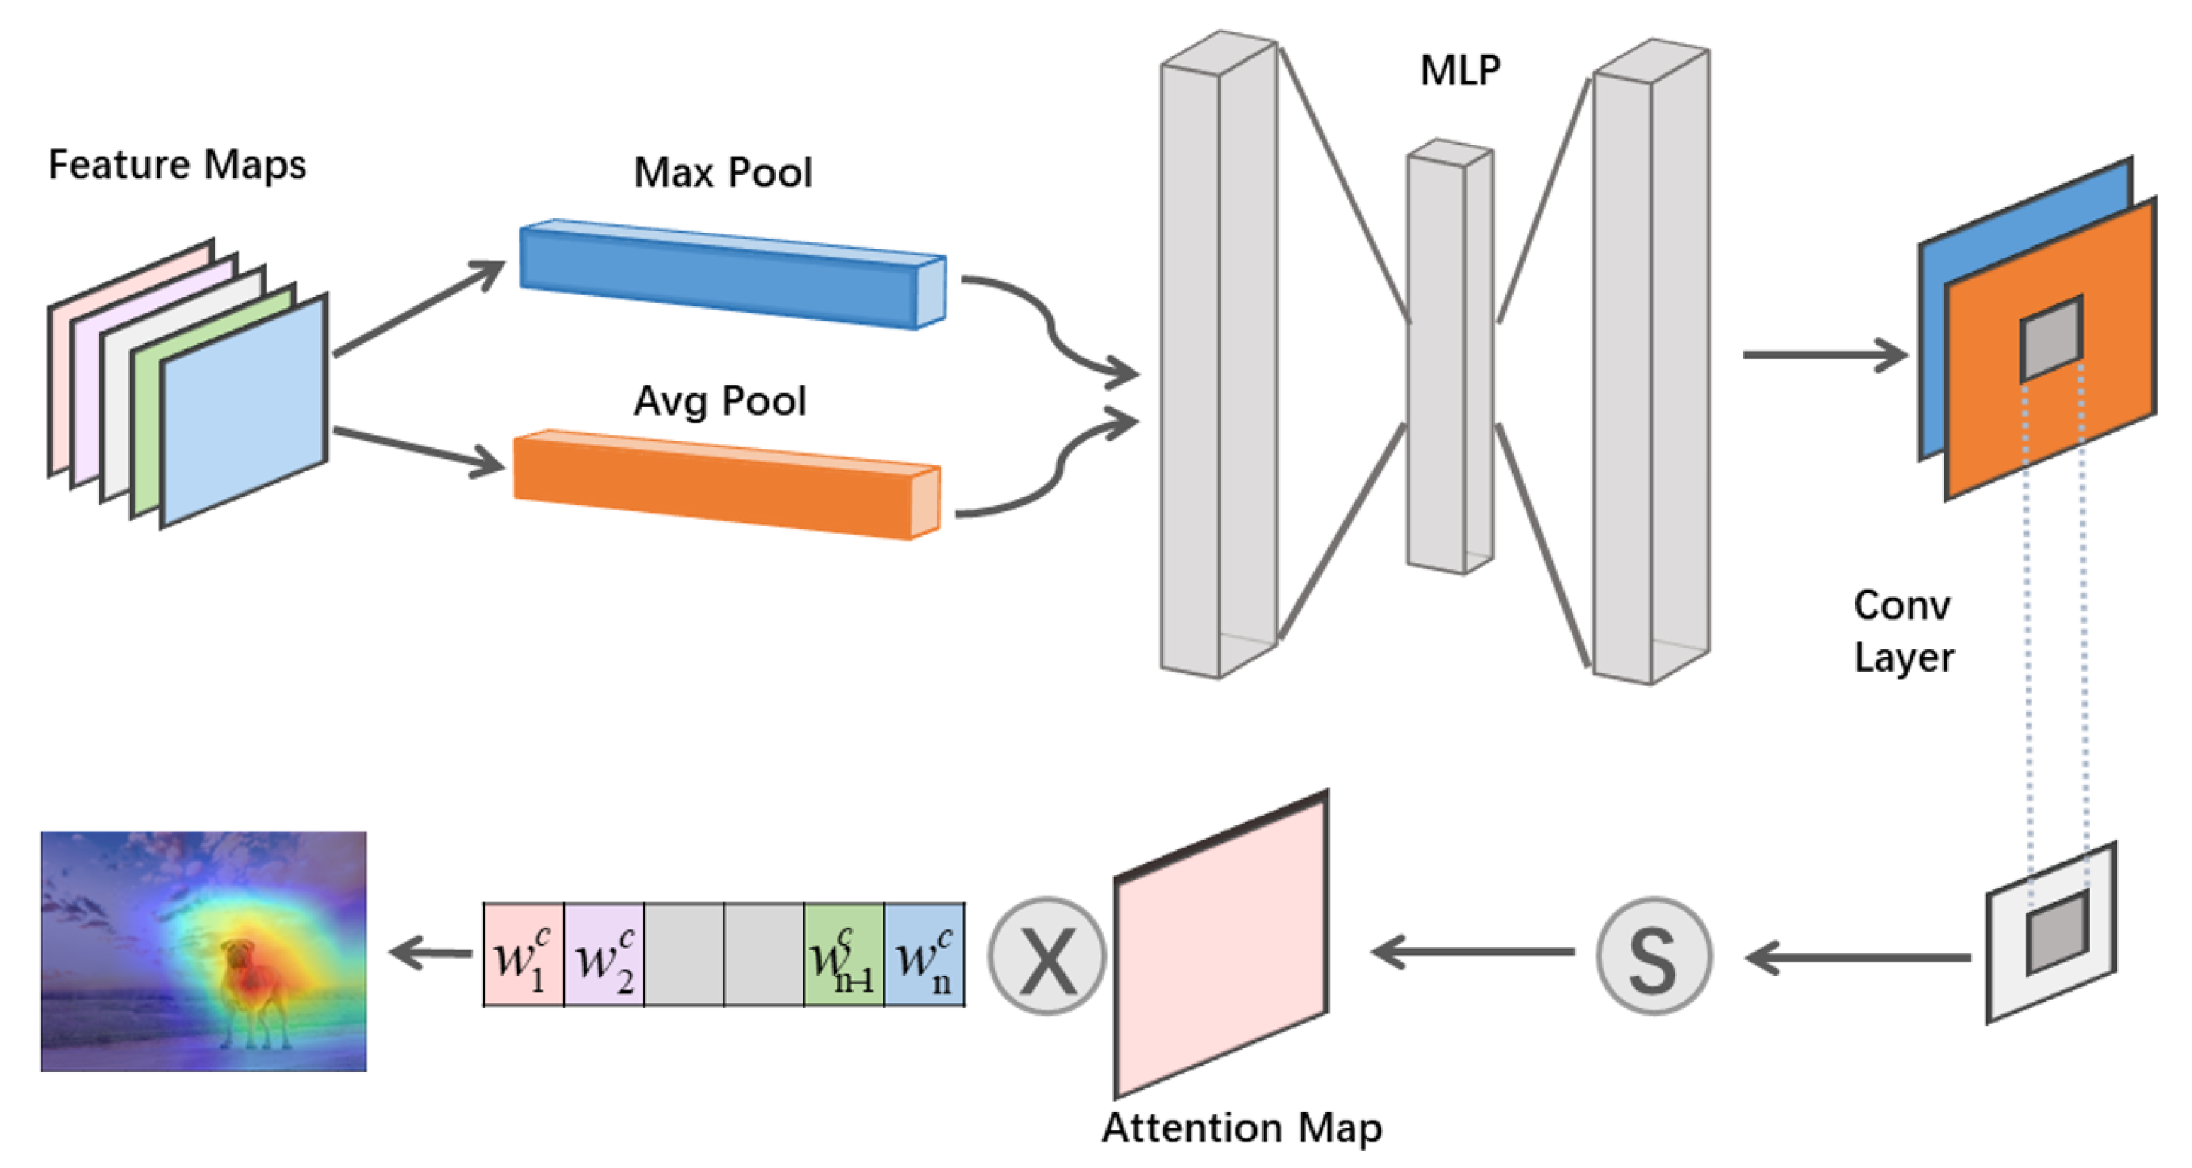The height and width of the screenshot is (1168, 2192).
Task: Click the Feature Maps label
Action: click(x=177, y=164)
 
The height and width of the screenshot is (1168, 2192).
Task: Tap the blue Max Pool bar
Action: click(x=724, y=274)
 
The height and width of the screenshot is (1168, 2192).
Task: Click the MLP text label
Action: click(x=1460, y=71)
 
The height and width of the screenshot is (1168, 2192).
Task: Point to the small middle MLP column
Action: click(x=1448, y=357)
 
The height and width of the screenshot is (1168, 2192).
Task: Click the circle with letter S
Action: click(x=1653, y=956)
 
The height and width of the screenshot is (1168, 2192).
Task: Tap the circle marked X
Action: click(x=1047, y=956)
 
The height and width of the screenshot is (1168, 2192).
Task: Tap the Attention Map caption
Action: click(x=1242, y=1128)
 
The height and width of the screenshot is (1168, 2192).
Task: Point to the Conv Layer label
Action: click(x=1904, y=631)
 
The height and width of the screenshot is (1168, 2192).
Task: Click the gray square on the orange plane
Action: click(x=2050, y=337)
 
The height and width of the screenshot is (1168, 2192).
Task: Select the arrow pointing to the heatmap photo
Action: click(x=430, y=953)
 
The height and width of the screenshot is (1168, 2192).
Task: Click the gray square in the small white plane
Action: click(x=2056, y=932)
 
